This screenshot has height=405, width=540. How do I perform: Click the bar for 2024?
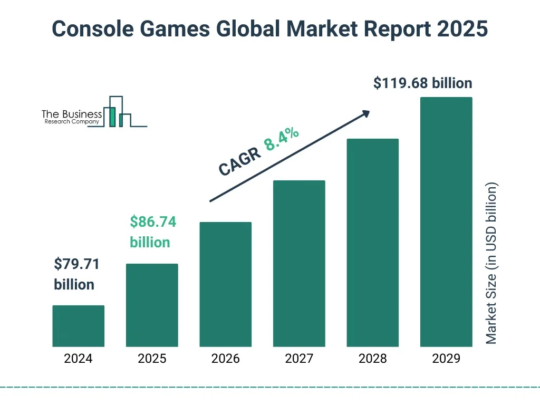pyautogui.click(x=78, y=326)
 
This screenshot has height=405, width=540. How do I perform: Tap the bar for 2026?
pyautogui.click(x=225, y=284)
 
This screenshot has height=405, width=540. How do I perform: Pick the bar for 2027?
pyautogui.click(x=299, y=264)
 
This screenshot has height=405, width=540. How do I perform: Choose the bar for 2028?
pyautogui.click(x=372, y=243)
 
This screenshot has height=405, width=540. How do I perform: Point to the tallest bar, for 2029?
pyautogui.click(x=446, y=222)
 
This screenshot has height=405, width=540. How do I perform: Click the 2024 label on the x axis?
pyautogui.click(x=78, y=359)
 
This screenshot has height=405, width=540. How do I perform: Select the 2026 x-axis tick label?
pyautogui.click(x=225, y=359)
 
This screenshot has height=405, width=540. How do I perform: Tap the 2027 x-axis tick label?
pyautogui.click(x=299, y=359)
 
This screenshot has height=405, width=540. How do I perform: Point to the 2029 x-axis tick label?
pyautogui.click(x=446, y=359)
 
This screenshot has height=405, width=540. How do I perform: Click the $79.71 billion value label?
pyautogui.click(x=76, y=274)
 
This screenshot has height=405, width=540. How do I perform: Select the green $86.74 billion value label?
pyautogui.click(x=152, y=232)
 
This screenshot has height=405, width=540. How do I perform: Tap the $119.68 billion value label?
pyautogui.click(x=422, y=83)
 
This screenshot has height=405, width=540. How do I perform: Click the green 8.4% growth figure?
pyautogui.click(x=282, y=139)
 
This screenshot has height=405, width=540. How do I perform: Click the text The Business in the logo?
pyautogui.click(x=72, y=114)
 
